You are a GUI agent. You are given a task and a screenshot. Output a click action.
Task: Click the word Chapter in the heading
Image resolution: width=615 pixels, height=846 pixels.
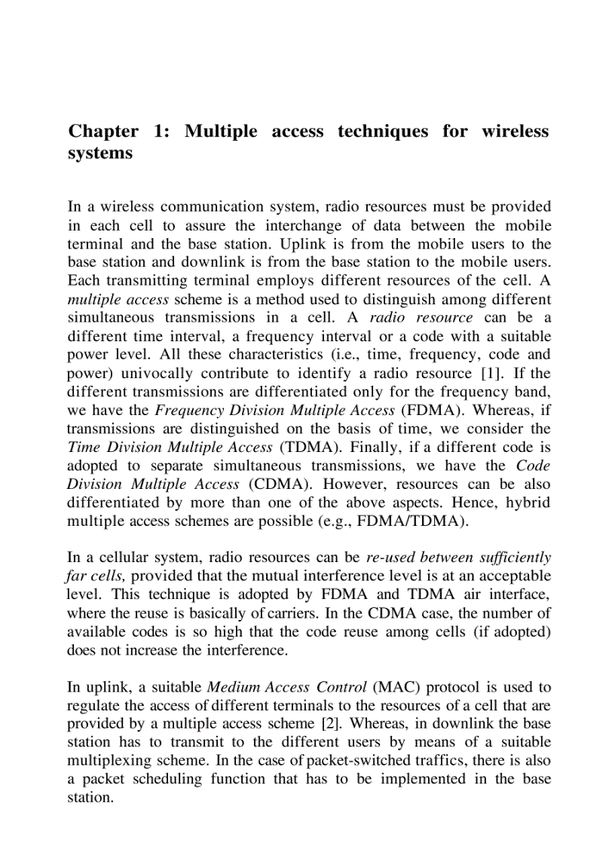coord(103,132)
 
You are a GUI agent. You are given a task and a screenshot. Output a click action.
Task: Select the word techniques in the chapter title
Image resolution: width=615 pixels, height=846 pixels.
coord(383,132)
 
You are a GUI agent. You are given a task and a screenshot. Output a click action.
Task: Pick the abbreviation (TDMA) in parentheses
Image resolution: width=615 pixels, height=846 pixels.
coord(304,447)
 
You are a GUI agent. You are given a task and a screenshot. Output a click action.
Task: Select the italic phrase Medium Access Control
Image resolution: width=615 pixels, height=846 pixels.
coord(276,688)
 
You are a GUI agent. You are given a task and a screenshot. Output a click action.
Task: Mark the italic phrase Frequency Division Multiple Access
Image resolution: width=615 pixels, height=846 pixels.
coord(274,411)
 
